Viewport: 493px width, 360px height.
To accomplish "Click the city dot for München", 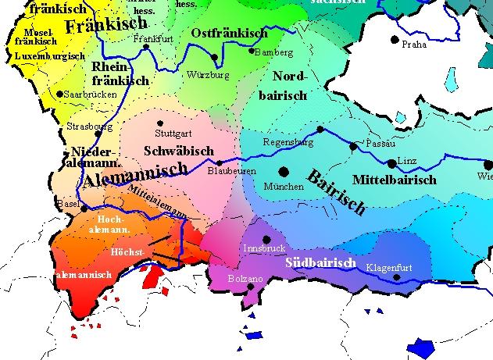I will (x=284, y=171).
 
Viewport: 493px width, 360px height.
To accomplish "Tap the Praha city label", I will (x=413, y=45).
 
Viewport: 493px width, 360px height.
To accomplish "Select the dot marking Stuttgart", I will (x=160, y=123).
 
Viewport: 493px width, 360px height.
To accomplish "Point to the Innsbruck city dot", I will (x=267, y=239).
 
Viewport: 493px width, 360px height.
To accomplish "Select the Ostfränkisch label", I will (x=229, y=34).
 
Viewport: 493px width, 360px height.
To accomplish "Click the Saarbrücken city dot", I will (x=59, y=94).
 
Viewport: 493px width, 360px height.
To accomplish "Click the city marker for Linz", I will (x=391, y=163).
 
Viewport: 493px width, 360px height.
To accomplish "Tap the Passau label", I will (x=380, y=144).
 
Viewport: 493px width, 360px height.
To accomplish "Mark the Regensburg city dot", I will (x=320, y=130).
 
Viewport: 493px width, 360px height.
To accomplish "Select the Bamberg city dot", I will (x=252, y=52).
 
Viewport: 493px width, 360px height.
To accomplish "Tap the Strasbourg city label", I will (x=90, y=126).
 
